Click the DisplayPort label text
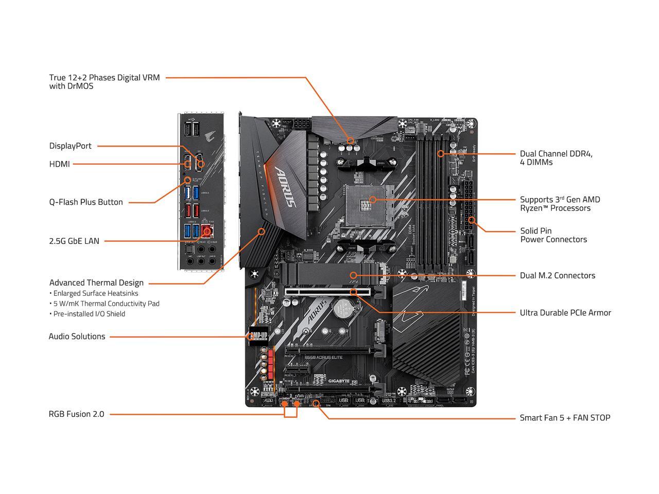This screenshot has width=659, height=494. coord(70,146)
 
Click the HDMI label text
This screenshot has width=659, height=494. coord(59,164)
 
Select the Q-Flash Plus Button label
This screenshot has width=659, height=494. coord(86,202)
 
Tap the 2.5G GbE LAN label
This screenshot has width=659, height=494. coord(74,241)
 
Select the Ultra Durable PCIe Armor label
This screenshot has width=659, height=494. coord(565,313)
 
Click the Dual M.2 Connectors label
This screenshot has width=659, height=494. coord(557,276)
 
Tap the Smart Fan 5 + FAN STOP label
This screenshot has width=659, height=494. coord(565,418)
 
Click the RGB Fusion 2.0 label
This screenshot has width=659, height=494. coord(76,414)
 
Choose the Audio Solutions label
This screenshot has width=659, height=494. coord(77,337)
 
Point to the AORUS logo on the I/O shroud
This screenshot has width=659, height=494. coord(286,186)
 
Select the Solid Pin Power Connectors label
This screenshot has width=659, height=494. coord(553,235)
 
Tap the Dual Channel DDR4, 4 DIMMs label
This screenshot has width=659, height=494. coord(556,158)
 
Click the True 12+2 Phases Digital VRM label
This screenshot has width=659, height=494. coord(104,82)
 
